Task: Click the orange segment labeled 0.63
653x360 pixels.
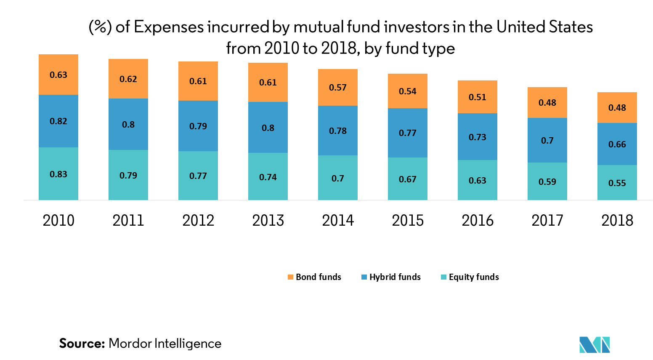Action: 58,75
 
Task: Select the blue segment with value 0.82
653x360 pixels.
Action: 58,121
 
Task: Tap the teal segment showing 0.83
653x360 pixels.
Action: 58,173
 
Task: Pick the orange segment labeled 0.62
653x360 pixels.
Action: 128,79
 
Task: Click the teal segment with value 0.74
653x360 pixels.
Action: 268,176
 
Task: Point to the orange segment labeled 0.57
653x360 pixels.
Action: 338,87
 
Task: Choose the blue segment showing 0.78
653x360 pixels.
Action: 338,131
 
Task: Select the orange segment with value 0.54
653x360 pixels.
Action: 408,91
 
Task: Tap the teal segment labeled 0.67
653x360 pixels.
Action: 408,179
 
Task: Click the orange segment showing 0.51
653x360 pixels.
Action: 478,97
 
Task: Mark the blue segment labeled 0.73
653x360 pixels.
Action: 478,137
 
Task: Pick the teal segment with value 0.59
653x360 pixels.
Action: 547,181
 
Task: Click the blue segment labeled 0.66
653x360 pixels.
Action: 617,144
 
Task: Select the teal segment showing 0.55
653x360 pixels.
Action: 617,183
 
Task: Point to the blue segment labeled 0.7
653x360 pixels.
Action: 547,140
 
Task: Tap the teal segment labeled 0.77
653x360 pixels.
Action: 198,176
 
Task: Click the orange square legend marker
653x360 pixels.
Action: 290,277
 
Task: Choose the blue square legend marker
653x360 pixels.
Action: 364,277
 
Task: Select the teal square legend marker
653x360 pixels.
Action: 443,277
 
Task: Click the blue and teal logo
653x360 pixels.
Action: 595,344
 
